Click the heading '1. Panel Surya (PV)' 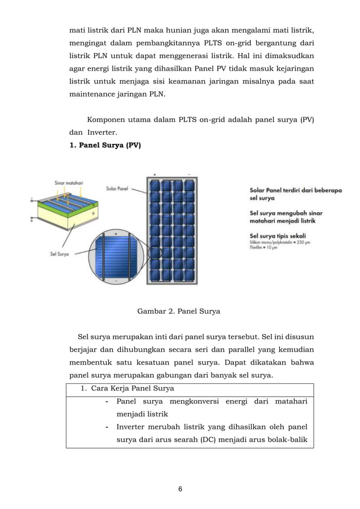click(105, 146)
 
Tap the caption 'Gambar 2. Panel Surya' click(179, 311)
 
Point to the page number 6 click(179, 489)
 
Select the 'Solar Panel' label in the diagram click(117, 188)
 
